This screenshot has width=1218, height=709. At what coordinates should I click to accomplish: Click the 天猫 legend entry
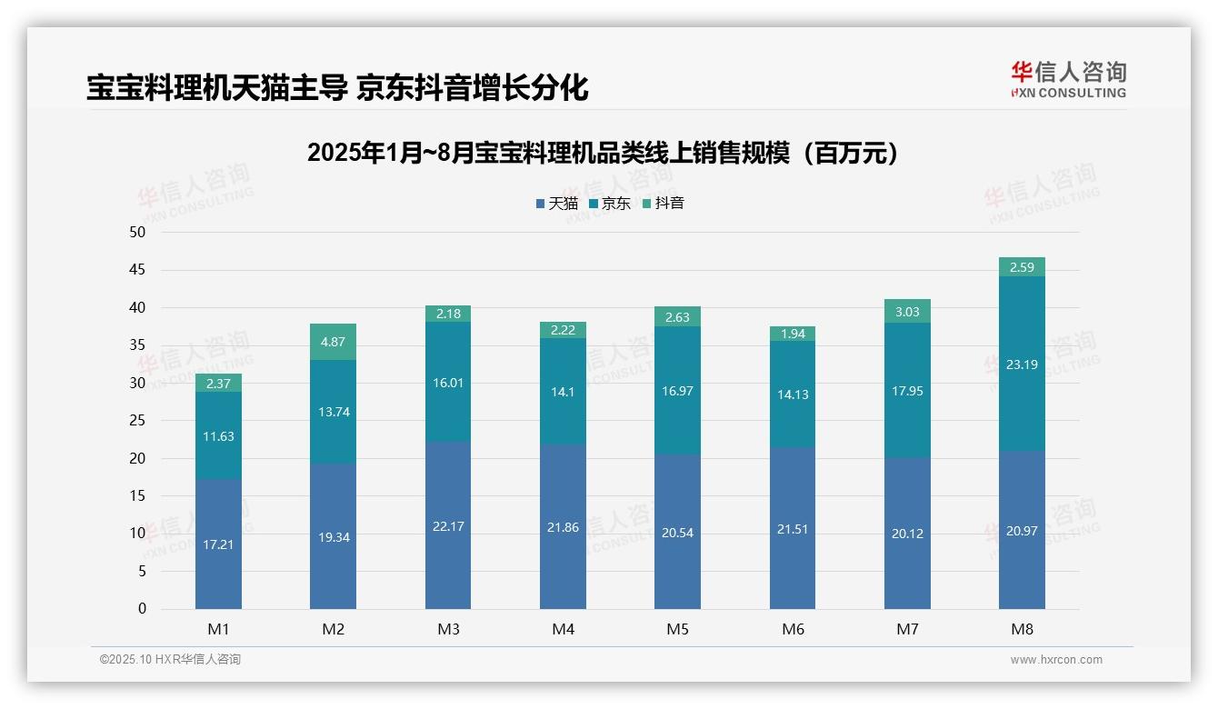point(556,204)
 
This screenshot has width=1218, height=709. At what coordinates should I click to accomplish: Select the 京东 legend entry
point(609,204)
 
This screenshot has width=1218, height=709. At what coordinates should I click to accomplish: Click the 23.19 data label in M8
point(1022,365)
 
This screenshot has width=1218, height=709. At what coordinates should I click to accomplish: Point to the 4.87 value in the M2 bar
point(333,343)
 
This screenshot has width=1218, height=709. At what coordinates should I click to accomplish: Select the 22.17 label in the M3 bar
point(447,526)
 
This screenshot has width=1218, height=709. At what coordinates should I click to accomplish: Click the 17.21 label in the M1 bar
point(218,544)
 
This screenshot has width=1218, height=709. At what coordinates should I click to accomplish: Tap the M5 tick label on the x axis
point(677,629)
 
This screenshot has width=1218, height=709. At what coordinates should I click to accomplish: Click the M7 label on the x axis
point(907,629)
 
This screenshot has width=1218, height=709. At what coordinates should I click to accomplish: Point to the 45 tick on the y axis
point(137,270)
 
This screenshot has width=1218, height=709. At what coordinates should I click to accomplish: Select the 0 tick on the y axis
point(142,609)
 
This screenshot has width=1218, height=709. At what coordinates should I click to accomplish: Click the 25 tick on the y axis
point(137,421)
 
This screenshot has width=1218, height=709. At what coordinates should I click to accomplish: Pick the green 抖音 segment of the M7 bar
point(907,311)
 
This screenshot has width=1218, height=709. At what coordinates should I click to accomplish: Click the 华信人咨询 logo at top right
point(1068,80)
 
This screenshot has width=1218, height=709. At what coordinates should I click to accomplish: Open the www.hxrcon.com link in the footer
point(1056,660)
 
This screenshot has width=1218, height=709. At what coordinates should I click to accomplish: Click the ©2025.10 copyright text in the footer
point(170,660)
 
